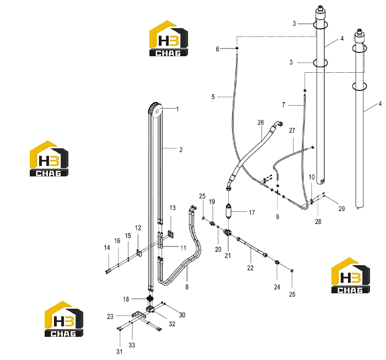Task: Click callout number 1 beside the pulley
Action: click(177, 109)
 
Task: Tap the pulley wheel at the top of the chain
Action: click(157, 112)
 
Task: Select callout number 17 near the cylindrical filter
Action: click(251, 212)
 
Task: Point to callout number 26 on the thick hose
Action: click(261, 122)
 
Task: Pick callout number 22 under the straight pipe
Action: click(250, 268)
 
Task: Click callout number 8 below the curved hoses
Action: click(187, 287)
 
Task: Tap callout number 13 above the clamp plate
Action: click(172, 208)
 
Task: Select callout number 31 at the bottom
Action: click(120, 352)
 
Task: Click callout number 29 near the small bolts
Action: click(342, 208)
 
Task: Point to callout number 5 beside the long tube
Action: click(213, 96)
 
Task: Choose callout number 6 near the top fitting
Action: click(217, 49)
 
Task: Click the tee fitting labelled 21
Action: click(228, 232)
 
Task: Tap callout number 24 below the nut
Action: click(277, 287)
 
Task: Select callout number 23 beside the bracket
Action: click(110, 316)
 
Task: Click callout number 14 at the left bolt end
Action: click(107, 248)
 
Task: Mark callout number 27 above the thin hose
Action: click(292, 131)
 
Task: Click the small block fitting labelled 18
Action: click(149, 299)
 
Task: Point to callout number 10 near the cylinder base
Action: click(312, 177)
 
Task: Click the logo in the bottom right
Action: click(351, 276)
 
